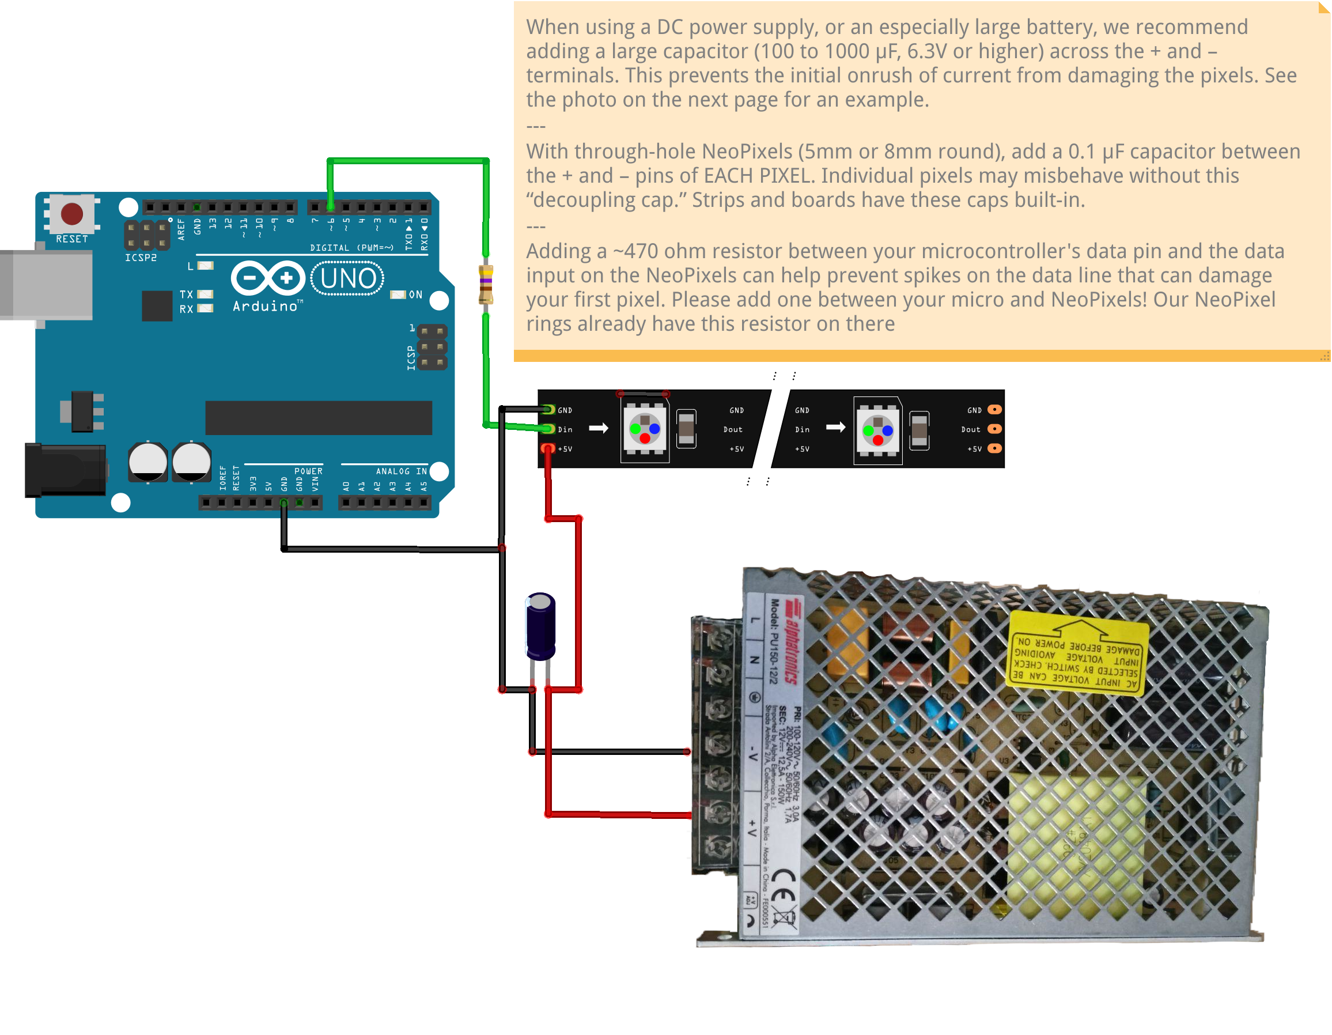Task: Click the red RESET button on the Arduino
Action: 72,213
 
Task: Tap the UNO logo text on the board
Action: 347,279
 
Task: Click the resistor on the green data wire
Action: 486,284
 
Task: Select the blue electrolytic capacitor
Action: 540,627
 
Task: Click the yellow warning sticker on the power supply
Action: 1076,655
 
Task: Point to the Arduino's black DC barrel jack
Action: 65,470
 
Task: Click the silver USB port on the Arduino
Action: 49,285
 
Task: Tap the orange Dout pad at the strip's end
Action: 994,429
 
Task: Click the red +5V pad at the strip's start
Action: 548,449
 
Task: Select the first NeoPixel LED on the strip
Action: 645,429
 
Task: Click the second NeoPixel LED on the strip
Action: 877,430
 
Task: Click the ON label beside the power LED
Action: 415,294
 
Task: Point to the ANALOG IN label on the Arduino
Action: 401,471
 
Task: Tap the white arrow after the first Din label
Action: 598,428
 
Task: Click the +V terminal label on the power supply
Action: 752,828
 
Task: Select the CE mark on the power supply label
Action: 782,887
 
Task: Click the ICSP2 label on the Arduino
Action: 141,258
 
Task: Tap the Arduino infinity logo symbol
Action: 268,279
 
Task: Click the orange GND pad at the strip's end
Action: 994,409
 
